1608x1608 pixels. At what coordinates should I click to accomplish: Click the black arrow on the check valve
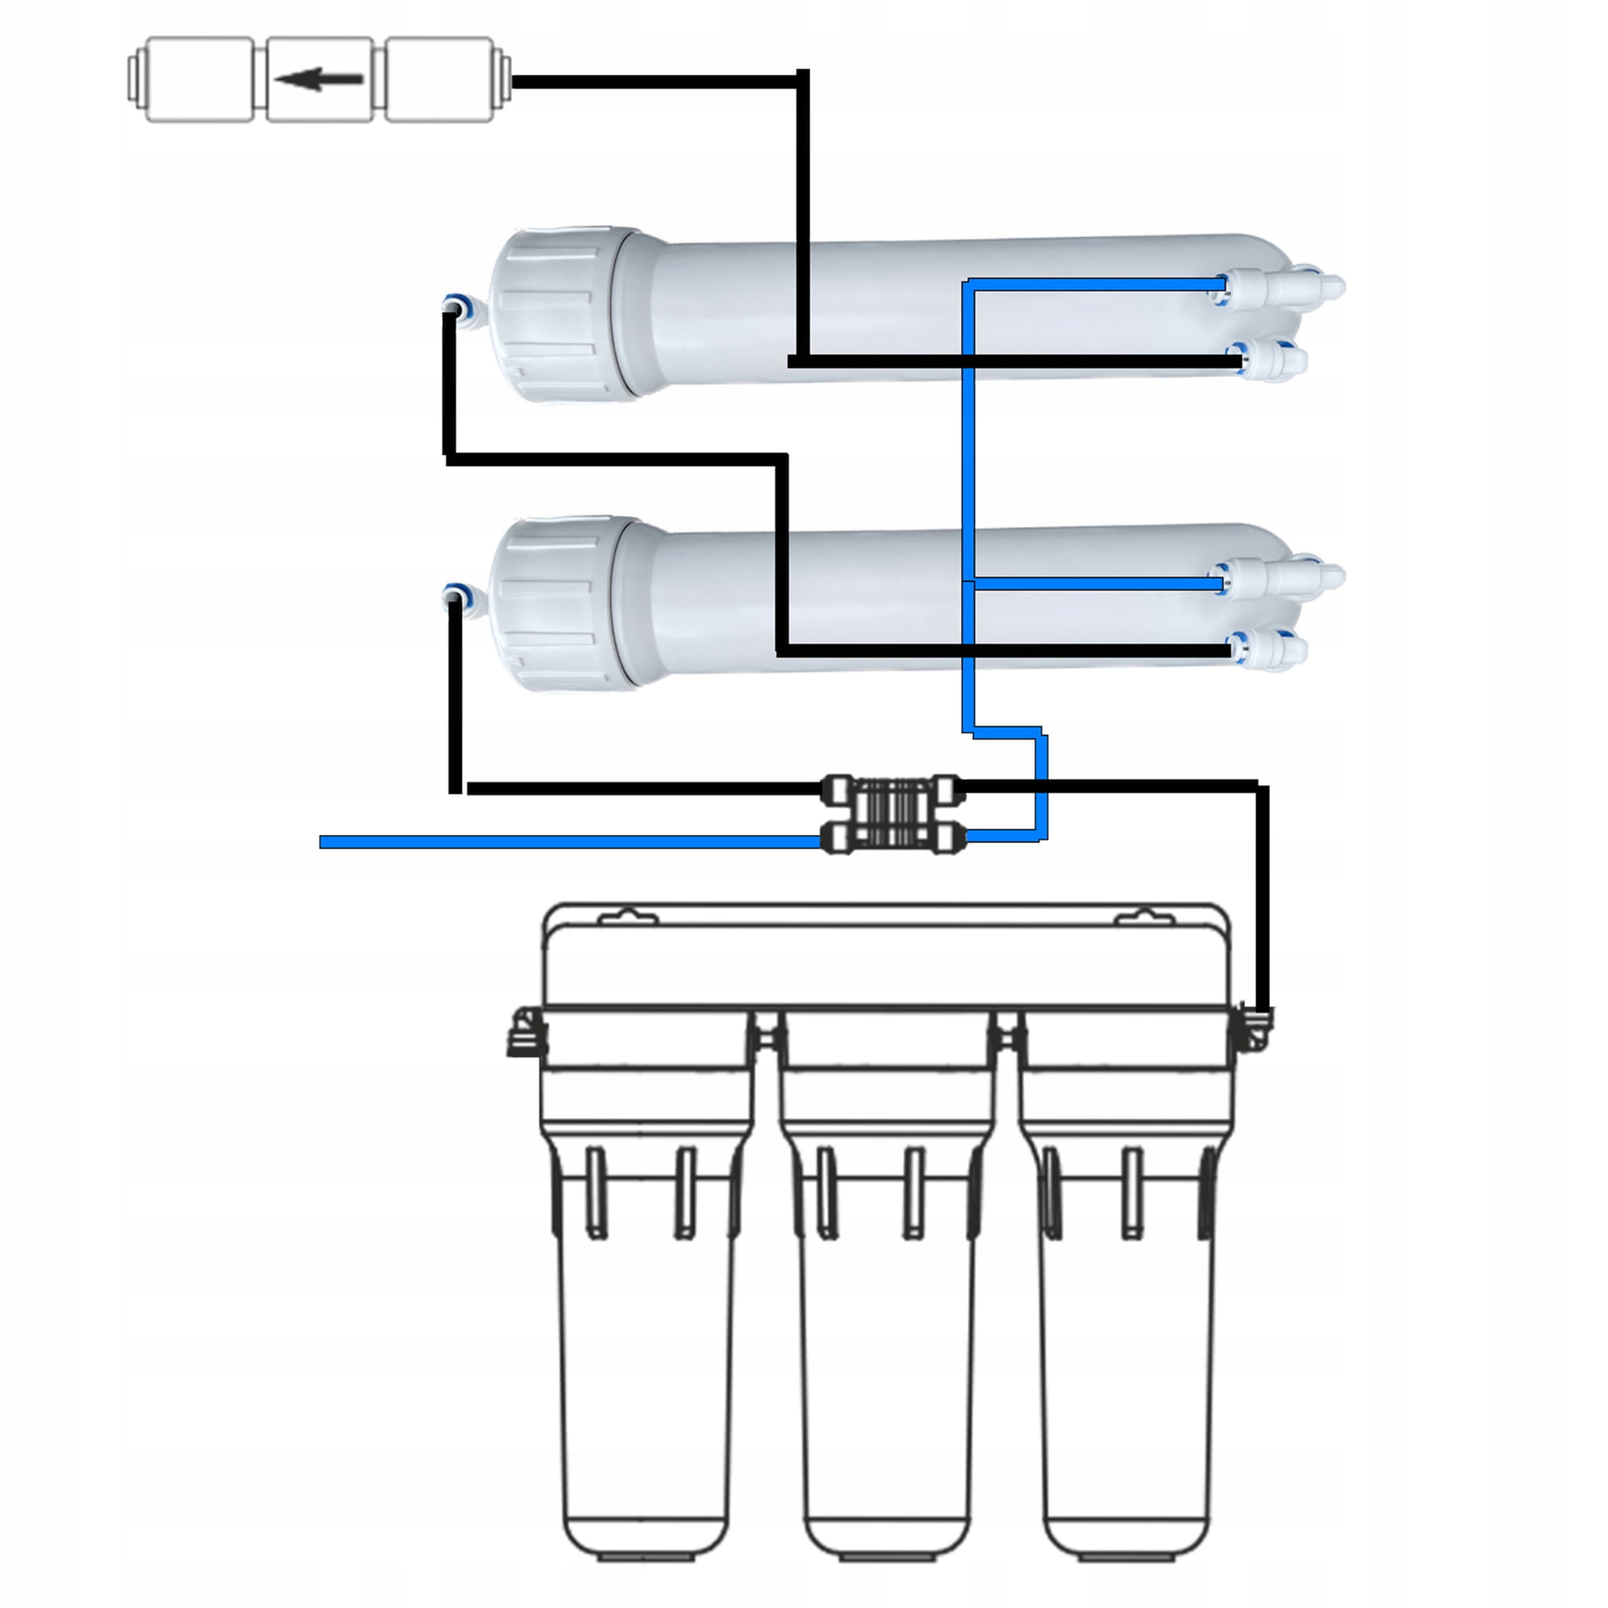(319, 80)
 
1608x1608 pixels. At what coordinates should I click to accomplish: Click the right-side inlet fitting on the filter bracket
(1253, 1029)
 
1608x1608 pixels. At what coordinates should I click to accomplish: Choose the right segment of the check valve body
(440, 80)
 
